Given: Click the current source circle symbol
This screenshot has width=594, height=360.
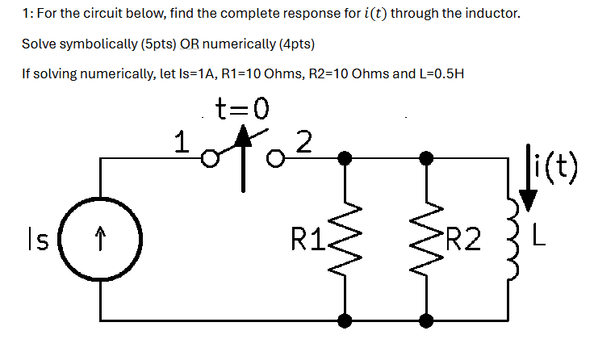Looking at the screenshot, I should pyautogui.click(x=101, y=239).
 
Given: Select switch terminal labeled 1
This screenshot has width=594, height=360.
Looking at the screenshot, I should pyautogui.click(x=209, y=159).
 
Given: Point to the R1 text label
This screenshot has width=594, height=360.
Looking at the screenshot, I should pyautogui.click(x=309, y=240).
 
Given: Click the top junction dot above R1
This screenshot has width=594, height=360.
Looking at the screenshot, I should pyautogui.click(x=345, y=159).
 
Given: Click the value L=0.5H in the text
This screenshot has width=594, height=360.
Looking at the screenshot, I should pyautogui.click(x=437, y=73).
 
